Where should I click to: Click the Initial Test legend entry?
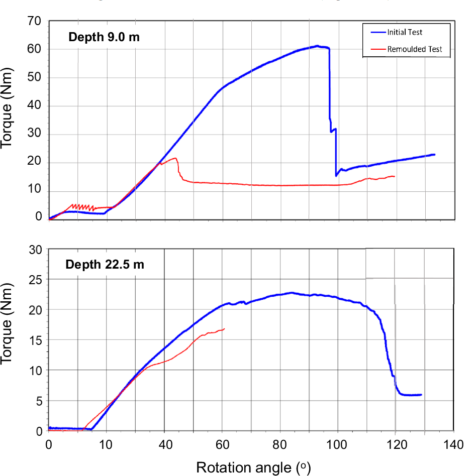pyautogui.click(x=405, y=32)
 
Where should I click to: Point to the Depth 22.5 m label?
pyautogui.click(x=105, y=264)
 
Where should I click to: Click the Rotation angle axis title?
pyautogui.click(x=253, y=467)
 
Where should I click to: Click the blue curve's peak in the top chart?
pyautogui.click(x=317, y=46)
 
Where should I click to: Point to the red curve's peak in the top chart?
pyautogui.click(x=175, y=158)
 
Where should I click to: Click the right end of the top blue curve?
pyautogui.click(x=434, y=155)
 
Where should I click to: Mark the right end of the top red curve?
pyautogui.click(x=395, y=176)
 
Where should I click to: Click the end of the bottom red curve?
pyautogui.click(x=224, y=328)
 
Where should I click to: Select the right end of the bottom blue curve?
pyautogui.click(x=421, y=395)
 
